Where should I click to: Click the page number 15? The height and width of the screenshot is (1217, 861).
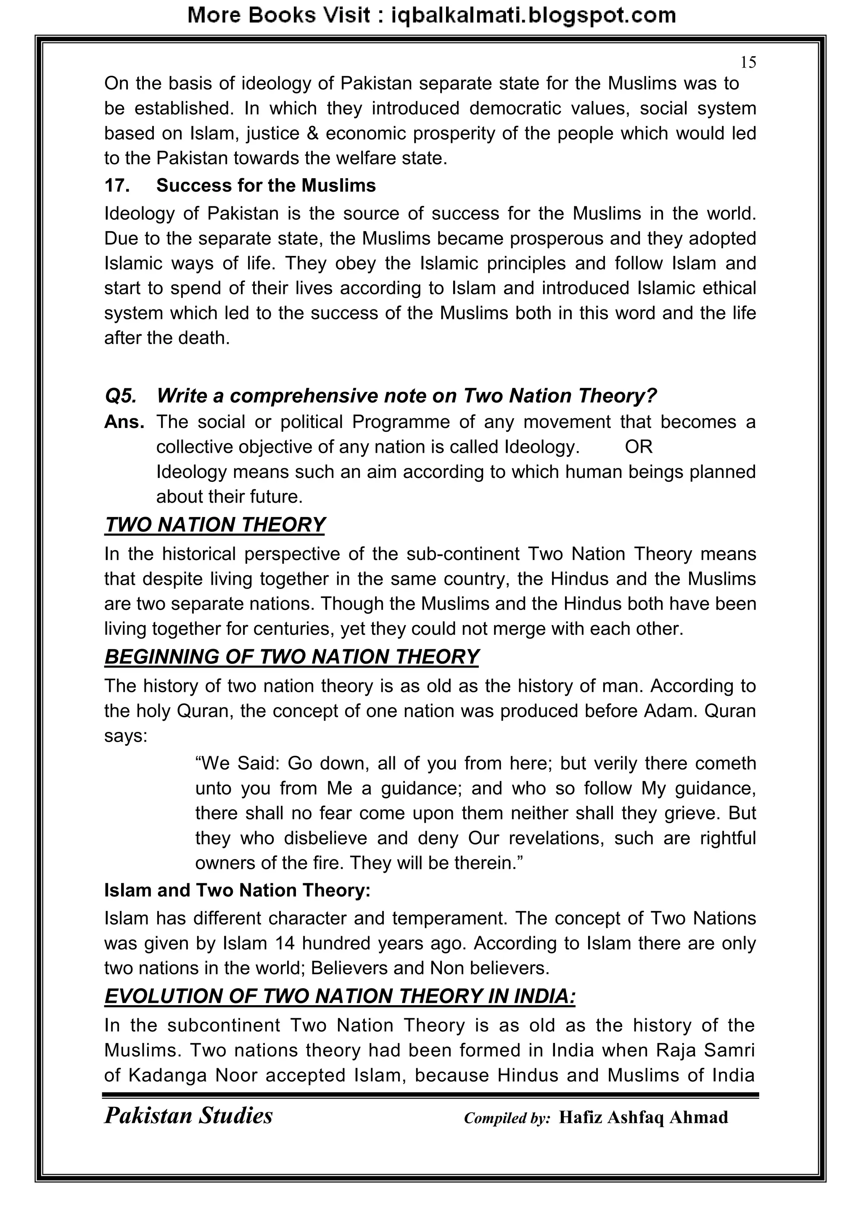[748, 63]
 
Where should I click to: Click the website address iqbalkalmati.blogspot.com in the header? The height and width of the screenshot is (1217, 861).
[533, 16]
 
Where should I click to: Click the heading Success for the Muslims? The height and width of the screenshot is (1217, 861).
[266, 185]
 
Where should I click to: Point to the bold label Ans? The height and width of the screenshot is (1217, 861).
[124, 422]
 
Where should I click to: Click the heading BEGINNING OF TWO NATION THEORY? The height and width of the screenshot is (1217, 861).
[292, 657]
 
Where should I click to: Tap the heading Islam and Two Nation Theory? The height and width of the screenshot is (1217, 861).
[237, 890]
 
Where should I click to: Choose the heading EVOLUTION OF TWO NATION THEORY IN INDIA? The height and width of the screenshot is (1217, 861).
[339, 996]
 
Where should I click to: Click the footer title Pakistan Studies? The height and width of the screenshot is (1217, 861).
[188, 1116]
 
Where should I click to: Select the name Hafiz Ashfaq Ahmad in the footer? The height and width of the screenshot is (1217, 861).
[643, 1117]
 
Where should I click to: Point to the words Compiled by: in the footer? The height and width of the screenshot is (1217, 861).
[507, 1118]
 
